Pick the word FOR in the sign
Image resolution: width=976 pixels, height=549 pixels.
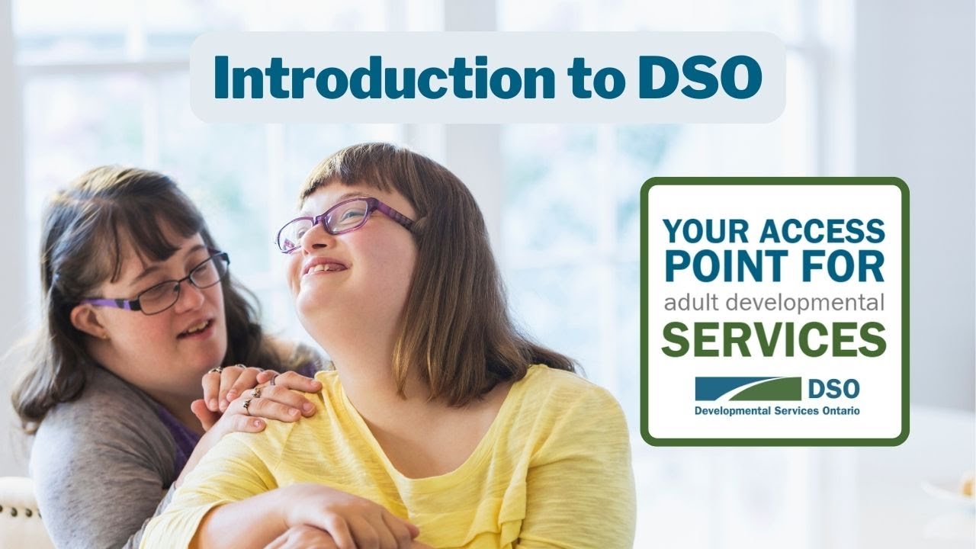click(847, 266)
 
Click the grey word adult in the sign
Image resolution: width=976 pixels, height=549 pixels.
click(689, 303)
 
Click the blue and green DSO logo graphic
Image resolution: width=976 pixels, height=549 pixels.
click(747, 389)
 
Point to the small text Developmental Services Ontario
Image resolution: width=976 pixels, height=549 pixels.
click(777, 411)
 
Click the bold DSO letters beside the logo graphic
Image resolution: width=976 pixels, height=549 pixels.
click(833, 389)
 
